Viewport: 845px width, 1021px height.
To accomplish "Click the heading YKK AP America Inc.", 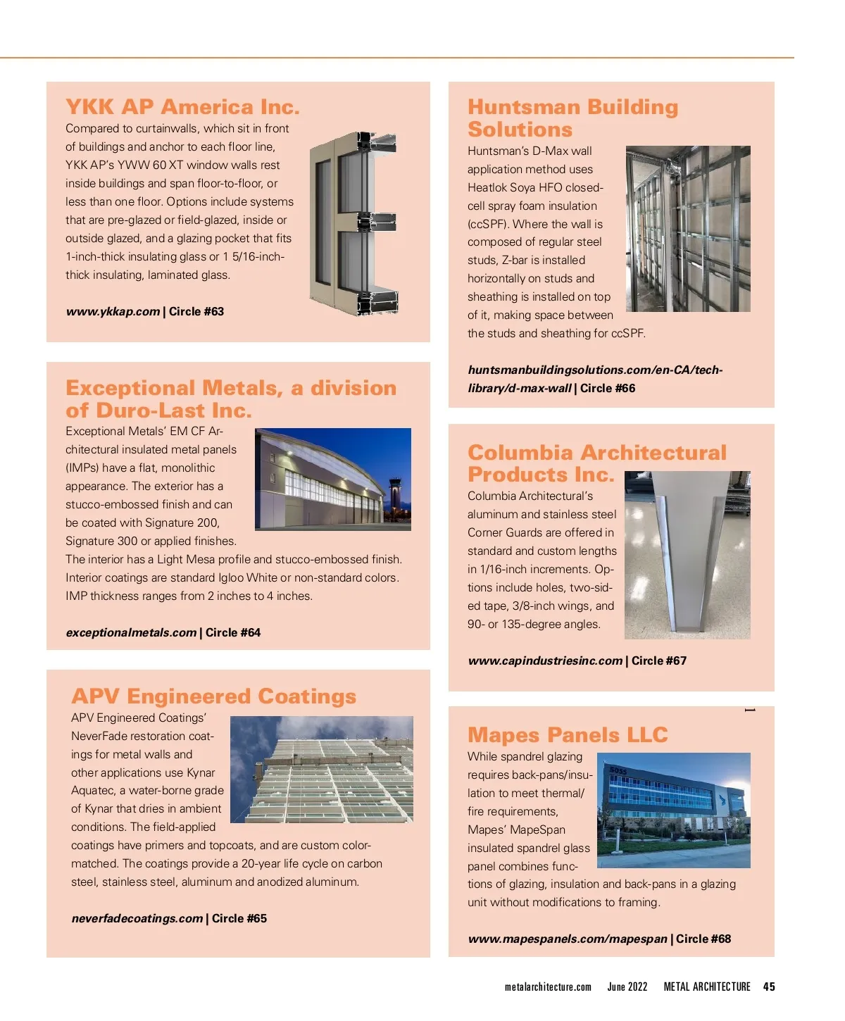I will click(182, 107).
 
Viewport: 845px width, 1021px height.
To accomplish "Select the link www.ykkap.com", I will click(113, 311).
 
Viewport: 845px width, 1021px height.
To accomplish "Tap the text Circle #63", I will click(196, 311).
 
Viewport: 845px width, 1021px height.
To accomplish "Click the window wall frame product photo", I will click(355, 223).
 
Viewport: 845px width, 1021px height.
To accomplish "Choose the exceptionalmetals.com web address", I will click(131, 632).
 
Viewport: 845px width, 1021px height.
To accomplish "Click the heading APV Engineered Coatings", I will click(213, 696).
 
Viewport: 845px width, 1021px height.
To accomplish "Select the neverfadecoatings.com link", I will click(137, 918).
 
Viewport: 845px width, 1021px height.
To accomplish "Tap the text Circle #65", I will click(239, 918).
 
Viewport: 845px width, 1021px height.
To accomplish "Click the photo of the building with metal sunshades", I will click(322, 770).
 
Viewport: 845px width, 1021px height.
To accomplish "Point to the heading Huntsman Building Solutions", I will click(572, 118).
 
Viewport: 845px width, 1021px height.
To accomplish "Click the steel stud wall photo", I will click(688, 229).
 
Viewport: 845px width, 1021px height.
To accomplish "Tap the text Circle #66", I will click(608, 388).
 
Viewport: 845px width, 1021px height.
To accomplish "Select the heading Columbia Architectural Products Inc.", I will click(596, 463).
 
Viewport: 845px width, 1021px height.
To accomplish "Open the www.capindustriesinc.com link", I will click(545, 660).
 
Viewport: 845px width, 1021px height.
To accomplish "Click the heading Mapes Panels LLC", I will click(568, 735).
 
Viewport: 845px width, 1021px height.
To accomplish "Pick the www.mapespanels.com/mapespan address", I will click(567, 939).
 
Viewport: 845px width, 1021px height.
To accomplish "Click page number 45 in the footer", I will click(769, 986).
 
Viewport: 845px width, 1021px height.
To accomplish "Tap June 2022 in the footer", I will click(627, 986).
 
